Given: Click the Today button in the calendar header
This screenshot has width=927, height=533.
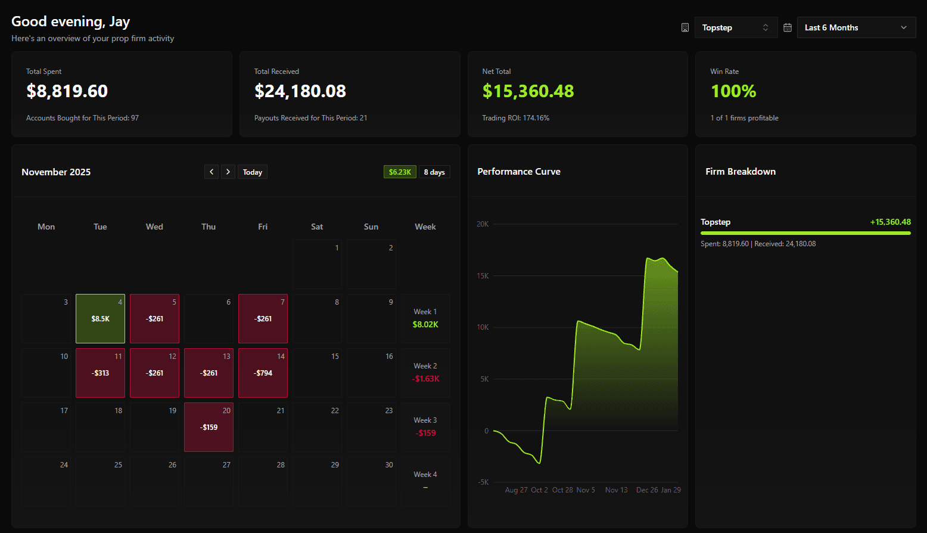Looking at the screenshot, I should [252, 172].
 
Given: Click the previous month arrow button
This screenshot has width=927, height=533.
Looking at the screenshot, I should [211, 172].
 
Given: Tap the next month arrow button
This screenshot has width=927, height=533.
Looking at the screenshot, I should [228, 172].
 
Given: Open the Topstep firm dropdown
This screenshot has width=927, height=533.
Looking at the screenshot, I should [736, 27].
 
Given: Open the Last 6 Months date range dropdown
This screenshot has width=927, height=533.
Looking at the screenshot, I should [856, 27].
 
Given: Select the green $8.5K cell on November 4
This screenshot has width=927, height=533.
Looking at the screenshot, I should [100, 318].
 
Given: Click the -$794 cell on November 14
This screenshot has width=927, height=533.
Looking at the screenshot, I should [263, 373].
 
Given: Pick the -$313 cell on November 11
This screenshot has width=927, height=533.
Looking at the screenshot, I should [100, 373].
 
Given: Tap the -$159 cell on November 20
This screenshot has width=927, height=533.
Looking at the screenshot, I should [209, 427].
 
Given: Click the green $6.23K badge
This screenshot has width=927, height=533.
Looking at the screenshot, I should [400, 172].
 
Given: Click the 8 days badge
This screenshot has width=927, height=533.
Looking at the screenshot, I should [434, 172].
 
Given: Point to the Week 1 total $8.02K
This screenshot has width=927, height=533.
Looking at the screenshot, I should [425, 324].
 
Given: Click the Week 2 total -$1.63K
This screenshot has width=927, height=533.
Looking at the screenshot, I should [425, 379].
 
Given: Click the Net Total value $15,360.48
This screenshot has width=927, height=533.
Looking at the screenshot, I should [528, 91].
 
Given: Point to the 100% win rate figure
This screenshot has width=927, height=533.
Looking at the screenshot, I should [733, 91].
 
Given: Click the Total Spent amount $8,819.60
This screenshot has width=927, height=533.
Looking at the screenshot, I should [67, 91].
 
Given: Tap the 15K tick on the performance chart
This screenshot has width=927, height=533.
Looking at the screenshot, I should [483, 275].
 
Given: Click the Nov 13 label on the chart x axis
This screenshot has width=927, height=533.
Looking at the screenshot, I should [616, 490].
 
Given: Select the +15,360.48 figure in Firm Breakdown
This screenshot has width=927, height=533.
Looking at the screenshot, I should [890, 222].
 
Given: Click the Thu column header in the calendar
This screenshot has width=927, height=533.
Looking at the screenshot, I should [209, 227].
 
